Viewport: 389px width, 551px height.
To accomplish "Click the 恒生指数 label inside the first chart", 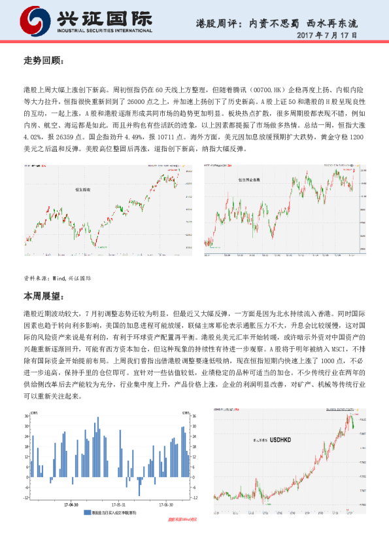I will (83, 189).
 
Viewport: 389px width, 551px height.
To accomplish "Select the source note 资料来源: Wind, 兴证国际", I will (58, 277).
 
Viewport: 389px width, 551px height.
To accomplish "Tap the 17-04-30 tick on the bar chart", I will (71, 505).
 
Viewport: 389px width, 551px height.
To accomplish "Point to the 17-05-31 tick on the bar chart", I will (118, 505).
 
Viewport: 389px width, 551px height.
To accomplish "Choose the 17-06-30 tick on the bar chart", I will (165, 505).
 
